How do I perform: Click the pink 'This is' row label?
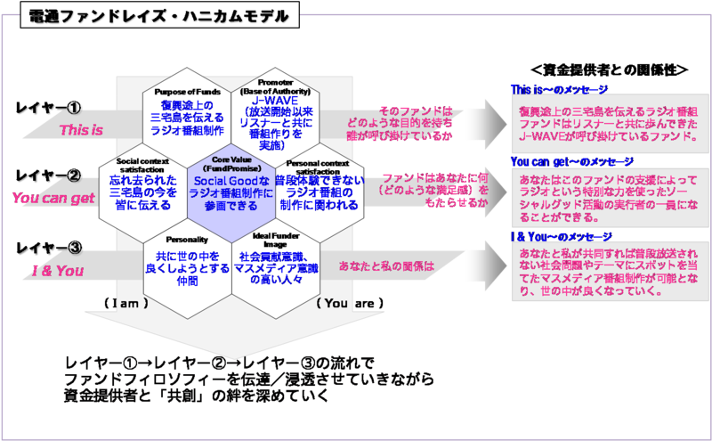[x=81, y=130]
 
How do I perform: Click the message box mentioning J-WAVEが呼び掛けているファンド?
[x=611, y=125]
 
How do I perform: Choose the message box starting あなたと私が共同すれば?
[x=611, y=273]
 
